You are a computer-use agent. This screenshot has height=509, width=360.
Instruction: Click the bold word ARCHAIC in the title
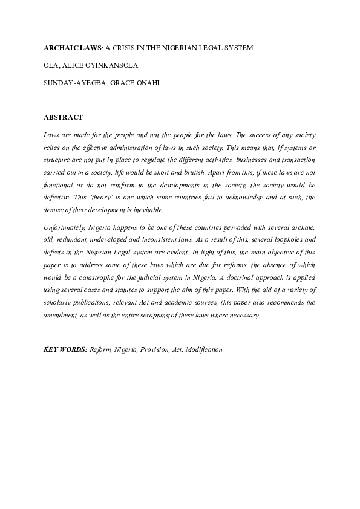point(60,47)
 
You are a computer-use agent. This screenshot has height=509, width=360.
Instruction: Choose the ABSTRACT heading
point(64,117)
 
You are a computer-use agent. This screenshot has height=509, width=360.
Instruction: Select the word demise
point(56,211)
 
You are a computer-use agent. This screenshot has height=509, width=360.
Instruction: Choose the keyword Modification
point(205,349)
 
